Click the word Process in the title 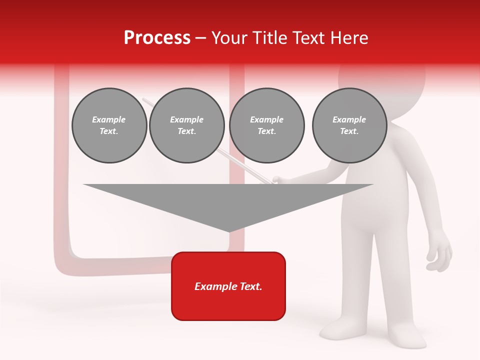coord(157,38)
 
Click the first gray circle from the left coord(109,125)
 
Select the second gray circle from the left coord(186,125)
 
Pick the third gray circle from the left coord(266,125)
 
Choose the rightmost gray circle coord(349,125)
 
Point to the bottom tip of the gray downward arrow coord(229,231)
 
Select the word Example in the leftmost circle coord(109,119)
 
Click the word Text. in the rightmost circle coord(349,131)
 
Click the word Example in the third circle coord(266,119)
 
